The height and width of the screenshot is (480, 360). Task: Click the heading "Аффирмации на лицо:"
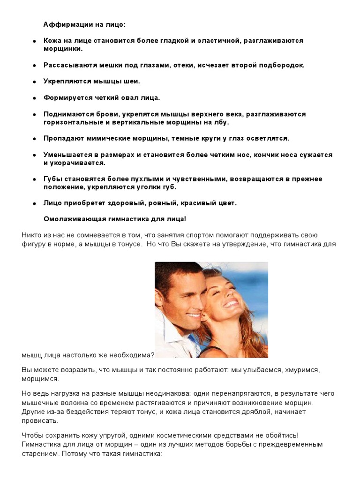coord(84,24)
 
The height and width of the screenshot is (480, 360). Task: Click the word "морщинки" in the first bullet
coord(62,48)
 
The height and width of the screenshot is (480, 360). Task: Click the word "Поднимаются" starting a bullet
coord(65,114)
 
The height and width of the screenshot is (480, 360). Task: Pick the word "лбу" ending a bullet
coord(221,122)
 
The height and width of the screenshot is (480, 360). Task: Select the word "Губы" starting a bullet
coord(52,179)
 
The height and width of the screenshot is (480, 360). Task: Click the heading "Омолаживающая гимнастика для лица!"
coord(115,219)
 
